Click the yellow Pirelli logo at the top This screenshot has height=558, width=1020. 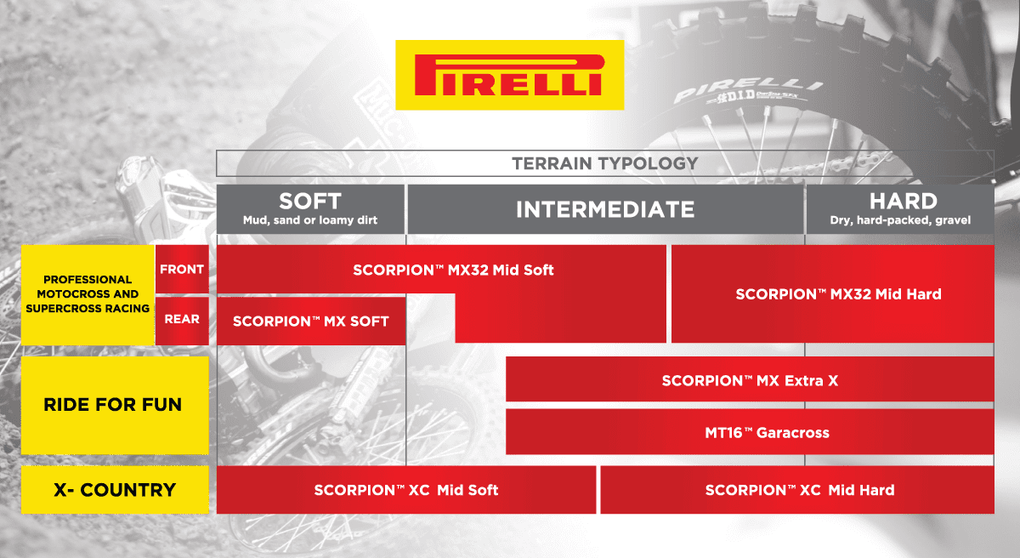(510, 75)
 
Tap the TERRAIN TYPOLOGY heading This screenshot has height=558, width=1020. (604, 163)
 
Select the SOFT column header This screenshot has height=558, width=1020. (310, 202)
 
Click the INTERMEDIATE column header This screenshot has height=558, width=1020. (605, 209)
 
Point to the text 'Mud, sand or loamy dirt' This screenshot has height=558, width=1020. (310, 220)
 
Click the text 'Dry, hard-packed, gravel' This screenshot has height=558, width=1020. (900, 220)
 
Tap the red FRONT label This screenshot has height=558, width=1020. (182, 270)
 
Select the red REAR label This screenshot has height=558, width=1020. (182, 319)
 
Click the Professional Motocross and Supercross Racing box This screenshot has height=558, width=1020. (88, 293)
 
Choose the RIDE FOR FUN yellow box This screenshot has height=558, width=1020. (114, 405)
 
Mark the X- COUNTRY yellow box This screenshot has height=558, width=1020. (114, 490)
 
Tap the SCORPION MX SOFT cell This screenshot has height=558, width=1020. (311, 321)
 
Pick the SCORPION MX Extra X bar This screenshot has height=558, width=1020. (750, 380)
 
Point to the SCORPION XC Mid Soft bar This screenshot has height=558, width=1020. (405, 490)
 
